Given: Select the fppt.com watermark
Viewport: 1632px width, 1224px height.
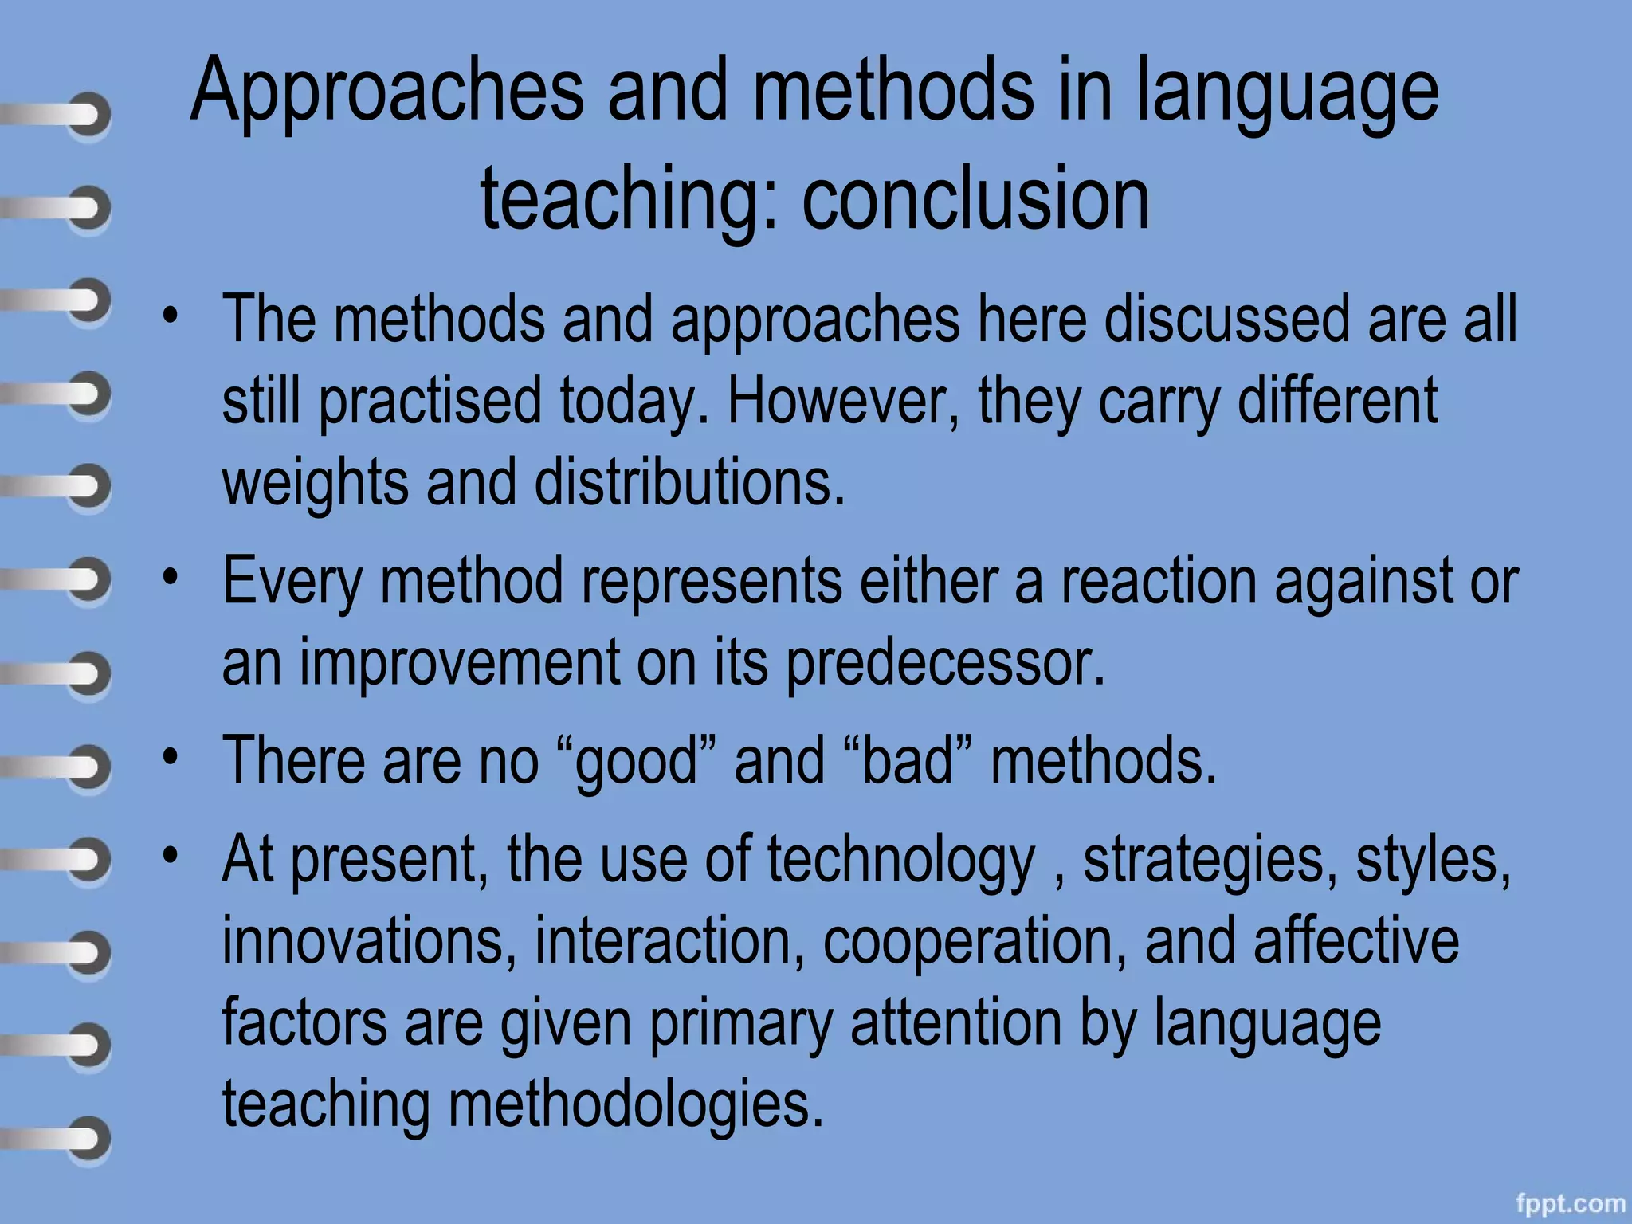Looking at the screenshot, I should click(1571, 1202).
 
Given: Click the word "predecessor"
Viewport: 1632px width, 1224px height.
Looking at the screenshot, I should click(945, 662).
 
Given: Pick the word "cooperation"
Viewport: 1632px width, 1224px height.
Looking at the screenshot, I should click(975, 942).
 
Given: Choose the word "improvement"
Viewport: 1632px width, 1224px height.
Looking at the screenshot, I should click(459, 662).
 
